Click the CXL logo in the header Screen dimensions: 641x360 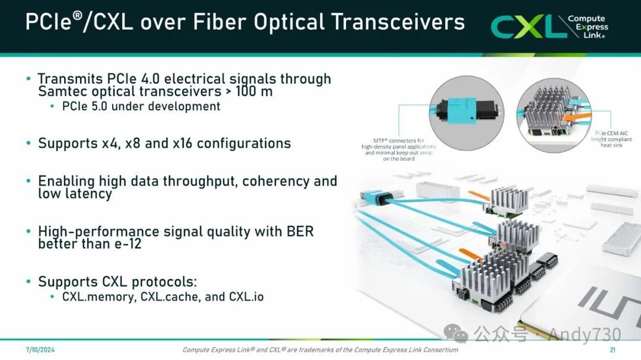point(550,27)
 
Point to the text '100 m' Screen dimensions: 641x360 point(254,91)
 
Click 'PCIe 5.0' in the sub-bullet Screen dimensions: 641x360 point(85,106)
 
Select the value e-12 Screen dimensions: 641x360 point(127,244)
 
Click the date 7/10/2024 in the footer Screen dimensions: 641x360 point(40,350)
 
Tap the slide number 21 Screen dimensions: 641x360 point(613,350)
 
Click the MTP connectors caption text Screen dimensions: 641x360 point(399,149)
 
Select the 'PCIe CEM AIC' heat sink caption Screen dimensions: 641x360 point(611,139)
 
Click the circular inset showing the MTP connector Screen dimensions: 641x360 point(467,113)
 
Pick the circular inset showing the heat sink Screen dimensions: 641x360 point(554,115)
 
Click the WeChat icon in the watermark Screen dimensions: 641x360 point(456,334)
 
